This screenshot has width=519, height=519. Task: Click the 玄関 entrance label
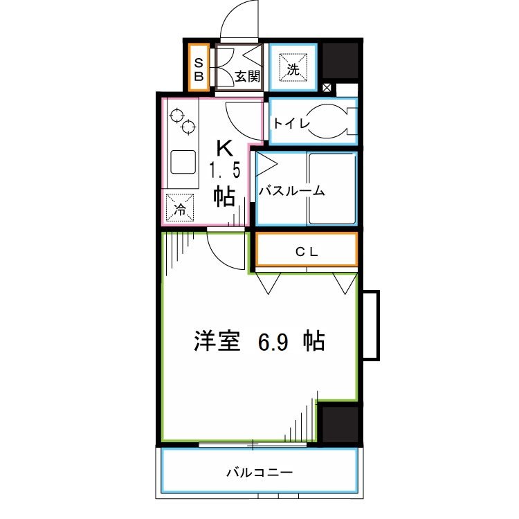[247, 76]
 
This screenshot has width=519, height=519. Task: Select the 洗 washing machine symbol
[292, 67]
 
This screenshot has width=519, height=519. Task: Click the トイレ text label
[289, 123]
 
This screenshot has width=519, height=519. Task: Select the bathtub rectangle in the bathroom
[331, 188]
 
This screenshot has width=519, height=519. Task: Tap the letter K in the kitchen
[224, 148]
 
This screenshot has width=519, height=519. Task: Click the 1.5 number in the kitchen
[224, 170]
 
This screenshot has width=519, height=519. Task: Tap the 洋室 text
[217, 341]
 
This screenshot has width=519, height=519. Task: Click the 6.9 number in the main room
[275, 341]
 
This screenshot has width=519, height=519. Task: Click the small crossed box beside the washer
[327, 88]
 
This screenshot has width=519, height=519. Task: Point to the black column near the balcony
[339, 423]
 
